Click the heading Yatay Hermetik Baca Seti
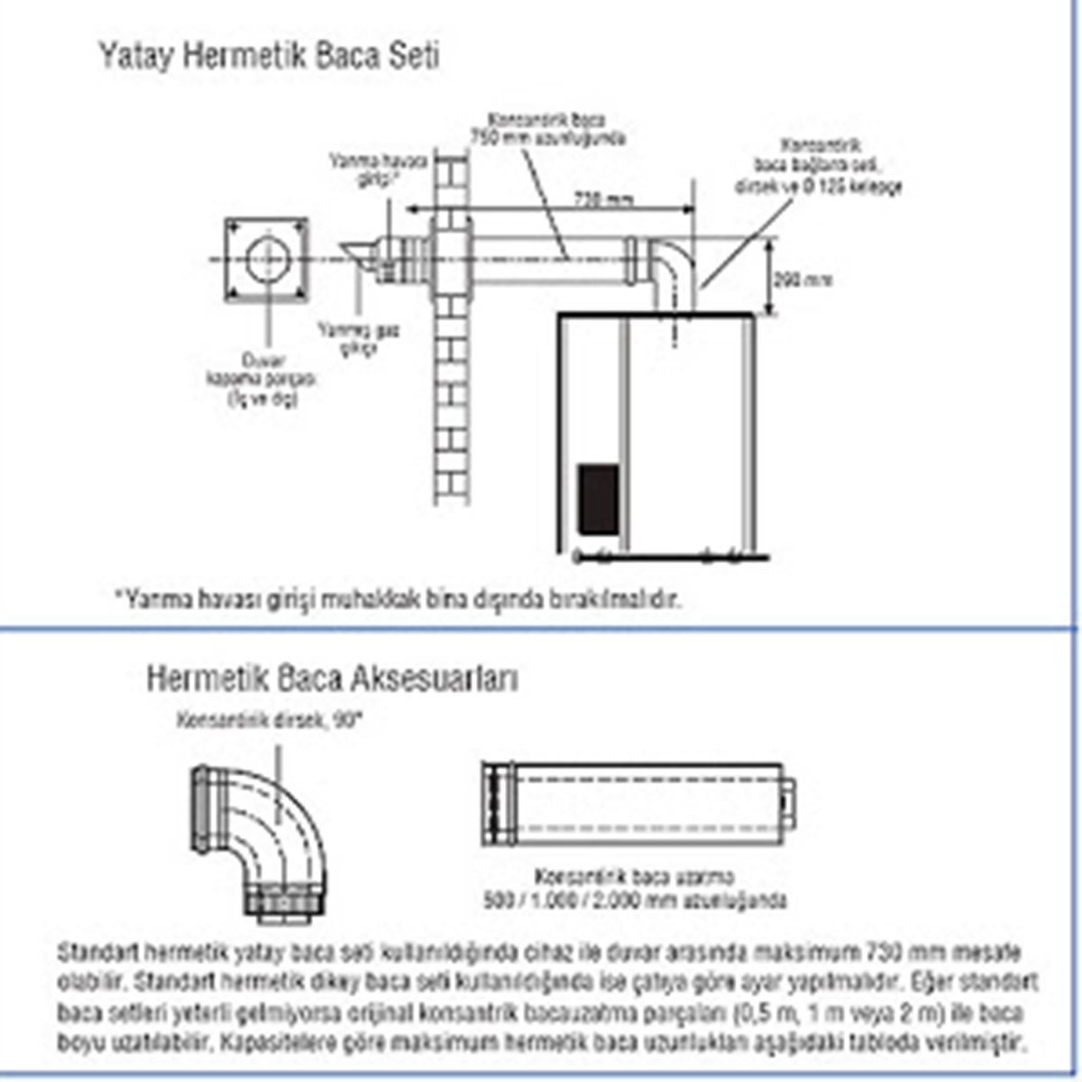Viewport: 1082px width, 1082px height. (x=268, y=57)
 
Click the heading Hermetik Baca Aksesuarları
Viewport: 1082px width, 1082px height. (x=333, y=677)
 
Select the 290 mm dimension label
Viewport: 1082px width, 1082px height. (x=803, y=280)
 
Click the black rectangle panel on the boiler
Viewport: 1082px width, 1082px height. (x=598, y=498)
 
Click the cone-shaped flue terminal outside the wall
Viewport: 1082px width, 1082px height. (x=360, y=257)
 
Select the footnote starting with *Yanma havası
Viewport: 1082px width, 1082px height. (x=398, y=598)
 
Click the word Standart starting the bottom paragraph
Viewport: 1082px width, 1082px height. (x=97, y=952)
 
